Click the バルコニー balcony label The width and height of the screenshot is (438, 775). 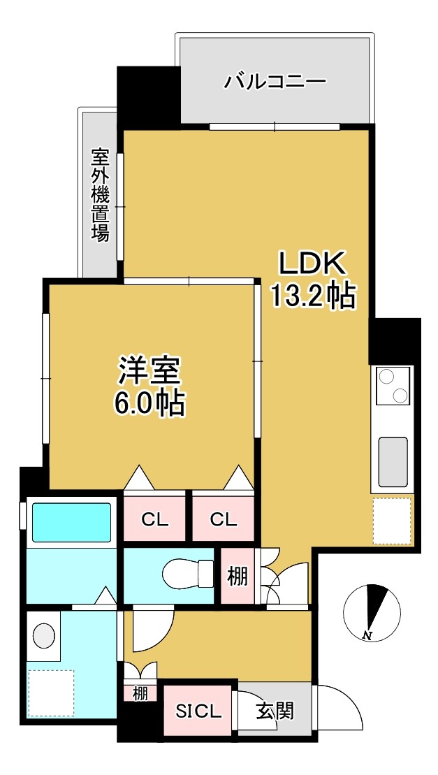[x=275, y=82]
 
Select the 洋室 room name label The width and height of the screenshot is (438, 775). [x=149, y=371]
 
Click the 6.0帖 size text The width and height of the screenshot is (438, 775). [x=149, y=403]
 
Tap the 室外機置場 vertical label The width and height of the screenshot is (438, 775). [x=100, y=194]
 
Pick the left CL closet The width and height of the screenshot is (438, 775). [x=155, y=519]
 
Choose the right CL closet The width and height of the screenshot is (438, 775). [x=223, y=519]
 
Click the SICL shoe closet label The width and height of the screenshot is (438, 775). [x=198, y=711]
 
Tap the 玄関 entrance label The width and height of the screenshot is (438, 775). [x=274, y=711]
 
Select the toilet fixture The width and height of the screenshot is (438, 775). [x=187, y=575]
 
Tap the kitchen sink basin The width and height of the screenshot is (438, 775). [x=393, y=462]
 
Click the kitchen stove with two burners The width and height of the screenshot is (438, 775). [x=392, y=385]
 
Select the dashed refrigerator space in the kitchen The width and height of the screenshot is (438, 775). [x=393, y=521]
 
